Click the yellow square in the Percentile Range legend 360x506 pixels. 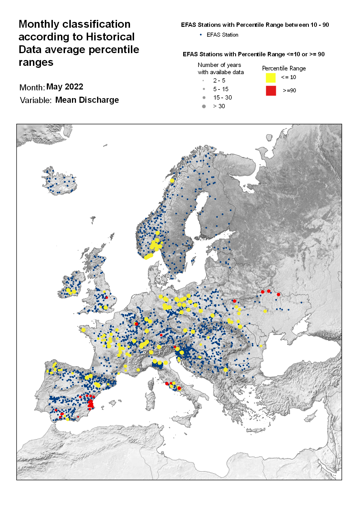270,78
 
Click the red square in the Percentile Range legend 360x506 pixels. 271,91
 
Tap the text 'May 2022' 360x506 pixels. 65,87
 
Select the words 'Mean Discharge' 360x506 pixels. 87,100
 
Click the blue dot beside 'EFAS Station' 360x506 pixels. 201,35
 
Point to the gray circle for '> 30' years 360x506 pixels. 204,106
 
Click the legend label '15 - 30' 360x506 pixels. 222,98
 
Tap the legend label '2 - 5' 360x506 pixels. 219,81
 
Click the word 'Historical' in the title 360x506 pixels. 110,37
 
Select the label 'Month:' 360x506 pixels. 32,87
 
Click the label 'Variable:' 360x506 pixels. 36,100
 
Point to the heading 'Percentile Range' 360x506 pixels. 284,68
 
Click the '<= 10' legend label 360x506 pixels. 288,77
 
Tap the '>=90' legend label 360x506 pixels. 289,91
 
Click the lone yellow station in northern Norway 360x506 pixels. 172,181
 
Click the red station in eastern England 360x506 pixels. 106,297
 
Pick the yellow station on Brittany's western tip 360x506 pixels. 83,330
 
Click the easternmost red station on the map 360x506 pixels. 278,294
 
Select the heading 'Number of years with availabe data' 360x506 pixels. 220,68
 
